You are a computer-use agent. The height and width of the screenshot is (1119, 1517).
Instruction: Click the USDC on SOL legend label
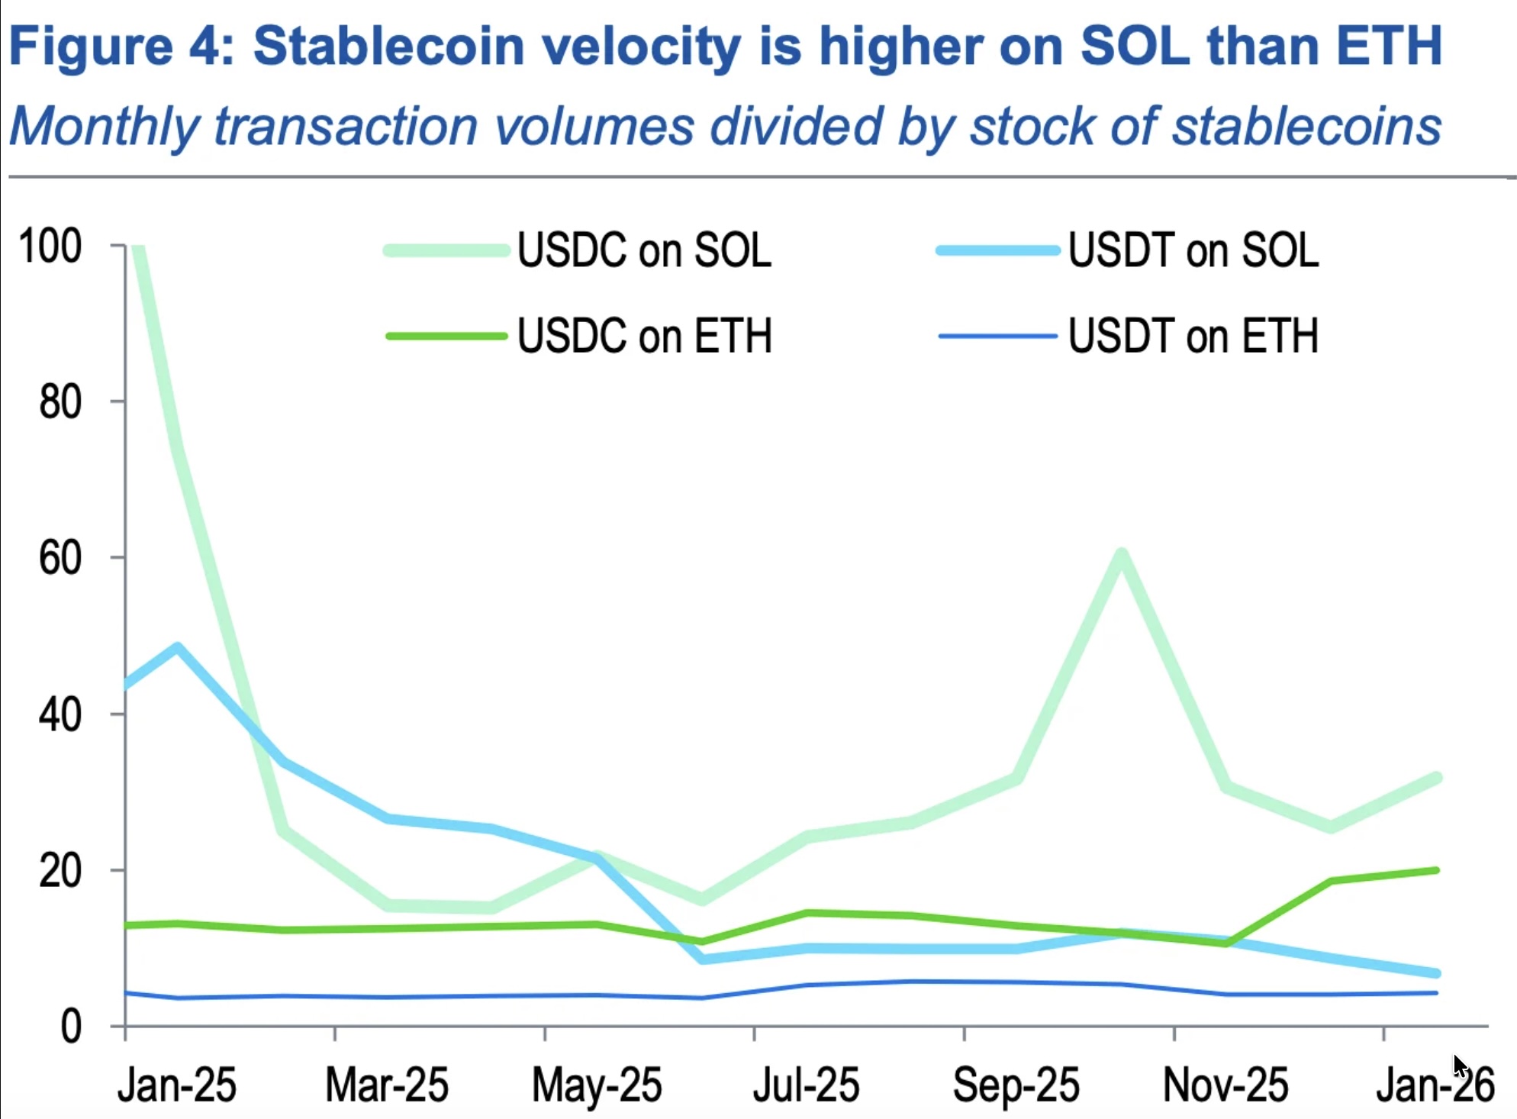[x=644, y=250]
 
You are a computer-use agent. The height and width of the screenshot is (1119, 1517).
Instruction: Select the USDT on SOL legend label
[x=1193, y=250]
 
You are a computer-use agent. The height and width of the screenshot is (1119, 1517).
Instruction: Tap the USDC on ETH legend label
[x=644, y=336]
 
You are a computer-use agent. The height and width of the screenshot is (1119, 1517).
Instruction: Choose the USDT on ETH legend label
[x=1193, y=336]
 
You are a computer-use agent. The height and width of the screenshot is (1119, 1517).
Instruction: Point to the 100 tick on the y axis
[x=50, y=247]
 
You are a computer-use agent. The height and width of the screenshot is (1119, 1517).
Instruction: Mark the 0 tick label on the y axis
[x=70, y=1027]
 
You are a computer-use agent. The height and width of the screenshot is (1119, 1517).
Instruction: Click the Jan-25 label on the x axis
[x=176, y=1085]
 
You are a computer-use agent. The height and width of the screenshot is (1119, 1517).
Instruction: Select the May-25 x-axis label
[x=596, y=1085]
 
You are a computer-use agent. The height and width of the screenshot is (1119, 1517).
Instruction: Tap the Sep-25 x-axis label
[x=1016, y=1085]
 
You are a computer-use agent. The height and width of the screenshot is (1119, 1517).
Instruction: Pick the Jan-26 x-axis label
[x=1435, y=1085]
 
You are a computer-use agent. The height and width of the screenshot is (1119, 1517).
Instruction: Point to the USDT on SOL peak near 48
[x=178, y=648]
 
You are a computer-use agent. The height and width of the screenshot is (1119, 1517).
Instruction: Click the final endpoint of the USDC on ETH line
[x=1436, y=870]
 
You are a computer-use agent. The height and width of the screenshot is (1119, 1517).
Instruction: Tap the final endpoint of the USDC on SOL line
[x=1436, y=778]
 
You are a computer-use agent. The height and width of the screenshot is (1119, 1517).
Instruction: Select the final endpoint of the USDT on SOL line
[x=1436, y=973]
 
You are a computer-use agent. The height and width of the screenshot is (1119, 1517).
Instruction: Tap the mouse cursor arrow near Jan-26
[x=1460, y=1066]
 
